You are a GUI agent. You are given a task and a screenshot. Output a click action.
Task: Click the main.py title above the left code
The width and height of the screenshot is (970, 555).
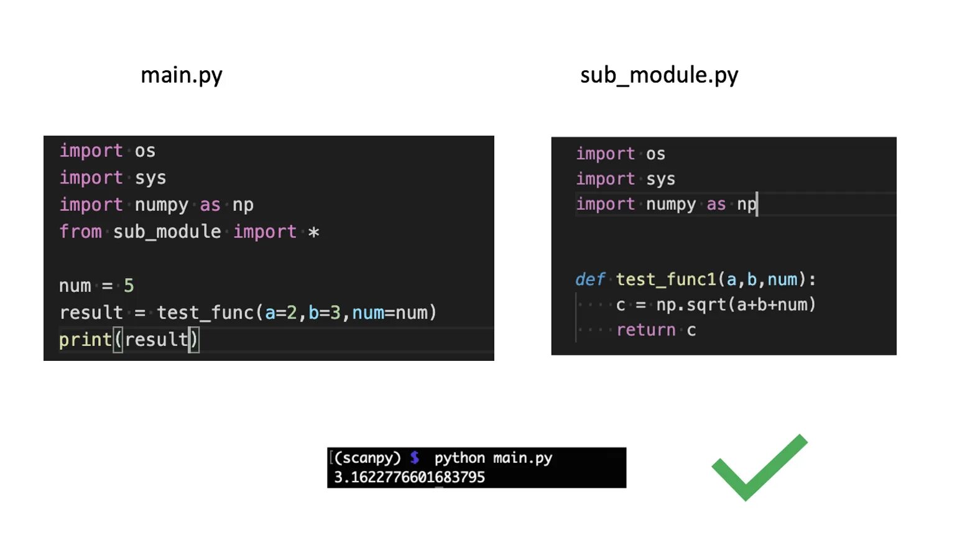click(181, 75)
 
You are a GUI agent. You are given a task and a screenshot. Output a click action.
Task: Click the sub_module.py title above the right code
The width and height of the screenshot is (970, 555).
click(659, 75)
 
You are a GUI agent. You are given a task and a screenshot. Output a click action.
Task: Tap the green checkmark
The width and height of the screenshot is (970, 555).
click(759, 468)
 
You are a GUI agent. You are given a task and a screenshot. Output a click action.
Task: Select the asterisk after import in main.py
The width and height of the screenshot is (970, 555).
click(314, 232)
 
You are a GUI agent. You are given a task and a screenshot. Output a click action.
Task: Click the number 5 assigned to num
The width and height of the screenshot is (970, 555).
click(129, 286)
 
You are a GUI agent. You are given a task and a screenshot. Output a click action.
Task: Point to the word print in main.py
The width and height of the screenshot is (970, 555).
click(85, 340)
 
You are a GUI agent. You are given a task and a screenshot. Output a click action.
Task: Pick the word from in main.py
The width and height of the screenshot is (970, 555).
click(80, 232)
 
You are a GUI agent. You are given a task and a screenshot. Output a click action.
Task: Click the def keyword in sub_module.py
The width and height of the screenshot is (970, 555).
click(589, 279)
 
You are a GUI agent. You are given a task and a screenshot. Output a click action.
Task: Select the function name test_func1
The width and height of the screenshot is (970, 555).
click(666, 279)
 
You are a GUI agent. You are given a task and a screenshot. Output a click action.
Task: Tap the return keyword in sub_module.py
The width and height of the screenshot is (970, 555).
click(645, 330)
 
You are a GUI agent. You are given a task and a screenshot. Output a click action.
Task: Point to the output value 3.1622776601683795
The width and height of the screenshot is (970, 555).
click(409, 477)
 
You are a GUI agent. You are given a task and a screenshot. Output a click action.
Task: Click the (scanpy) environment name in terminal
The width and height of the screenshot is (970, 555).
click(367, 458)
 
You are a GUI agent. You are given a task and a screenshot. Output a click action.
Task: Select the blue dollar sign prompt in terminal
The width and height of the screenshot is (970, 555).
click(415, 458)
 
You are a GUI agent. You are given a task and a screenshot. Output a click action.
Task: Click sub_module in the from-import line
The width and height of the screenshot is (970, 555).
click(167, 232)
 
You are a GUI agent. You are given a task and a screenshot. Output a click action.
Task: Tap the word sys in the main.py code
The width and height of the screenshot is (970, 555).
click(150, 178)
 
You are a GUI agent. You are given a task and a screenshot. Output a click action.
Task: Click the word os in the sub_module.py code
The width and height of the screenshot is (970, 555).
click(655, 154)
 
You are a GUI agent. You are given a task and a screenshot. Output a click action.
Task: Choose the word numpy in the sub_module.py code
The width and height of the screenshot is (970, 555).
click(671, 204)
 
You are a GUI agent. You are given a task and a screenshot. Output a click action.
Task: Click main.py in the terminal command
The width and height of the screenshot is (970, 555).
click(522, 458)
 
